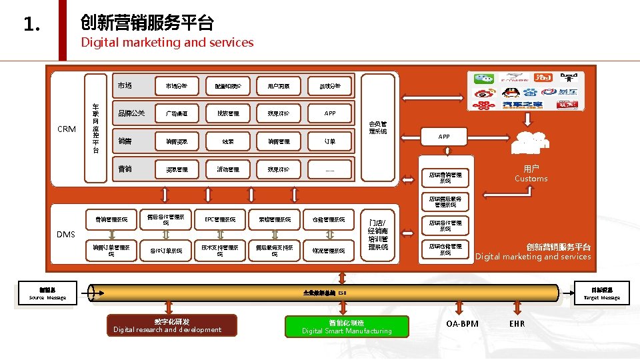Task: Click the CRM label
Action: click(67, 129)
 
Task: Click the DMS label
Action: click(65, 234)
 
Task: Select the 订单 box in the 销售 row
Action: click(330, 141)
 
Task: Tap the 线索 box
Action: click(227, 141)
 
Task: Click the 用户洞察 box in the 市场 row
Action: click(279, 86)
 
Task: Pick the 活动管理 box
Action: click(227, 169)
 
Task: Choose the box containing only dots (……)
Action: click(330, 169)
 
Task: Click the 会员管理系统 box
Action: click(377, 127)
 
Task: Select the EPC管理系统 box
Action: click(220, 219)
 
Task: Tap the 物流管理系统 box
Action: click(329, 251)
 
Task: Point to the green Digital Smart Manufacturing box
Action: click(347, 326)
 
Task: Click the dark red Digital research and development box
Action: click(171, 325)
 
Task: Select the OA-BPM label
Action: click(462, 324)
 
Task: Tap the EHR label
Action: click(517, 324)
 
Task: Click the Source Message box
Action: click(47, 294)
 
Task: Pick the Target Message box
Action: click(601, 294)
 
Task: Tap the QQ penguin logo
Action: click(511, 92)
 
